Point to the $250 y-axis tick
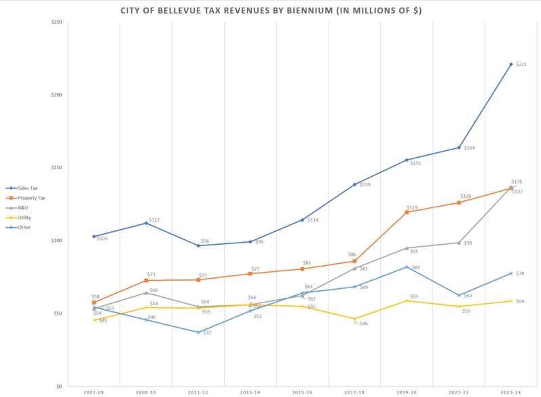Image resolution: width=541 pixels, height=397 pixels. coord(56,22)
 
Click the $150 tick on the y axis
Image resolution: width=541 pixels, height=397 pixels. coord(56,168)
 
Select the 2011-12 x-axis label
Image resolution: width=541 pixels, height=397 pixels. coord(198,393)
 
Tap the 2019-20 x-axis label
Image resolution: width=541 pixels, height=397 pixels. coord(407,393)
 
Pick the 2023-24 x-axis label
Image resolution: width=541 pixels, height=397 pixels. coord(510,393)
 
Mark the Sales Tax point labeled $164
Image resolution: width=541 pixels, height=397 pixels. coord(459,148)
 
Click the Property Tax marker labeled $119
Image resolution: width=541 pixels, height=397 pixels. coord(407,212)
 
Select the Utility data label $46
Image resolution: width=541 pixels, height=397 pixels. coord(364,324)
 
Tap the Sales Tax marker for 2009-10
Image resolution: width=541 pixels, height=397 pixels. coord(146,223)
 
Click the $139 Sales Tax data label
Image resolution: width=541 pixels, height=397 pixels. coord(365,185)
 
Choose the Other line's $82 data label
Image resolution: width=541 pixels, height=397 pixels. coord(416,267)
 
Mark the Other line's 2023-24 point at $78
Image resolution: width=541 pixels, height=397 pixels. coord(510,273)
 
